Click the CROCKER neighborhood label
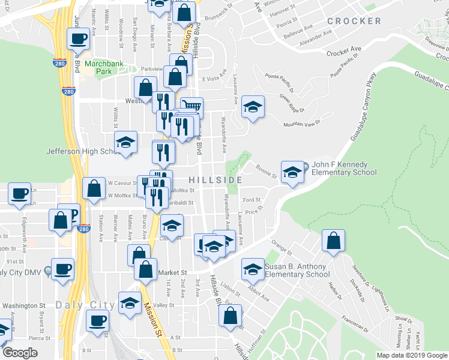[x=354, y=21]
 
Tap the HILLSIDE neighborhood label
[x=215, y=180]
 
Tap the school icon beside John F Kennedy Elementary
[x=292, y=172]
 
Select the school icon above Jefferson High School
[x=125, y=143]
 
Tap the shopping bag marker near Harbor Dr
[x=333, y=241]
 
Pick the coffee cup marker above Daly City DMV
[x=62, y=269]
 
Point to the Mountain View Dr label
[x=302, y=122]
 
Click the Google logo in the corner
[x=20, y=353]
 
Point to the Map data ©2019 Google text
[x=411, y=355]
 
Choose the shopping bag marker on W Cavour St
[x=94, y=188]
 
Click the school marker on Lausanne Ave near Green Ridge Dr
[x=253, y=108]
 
